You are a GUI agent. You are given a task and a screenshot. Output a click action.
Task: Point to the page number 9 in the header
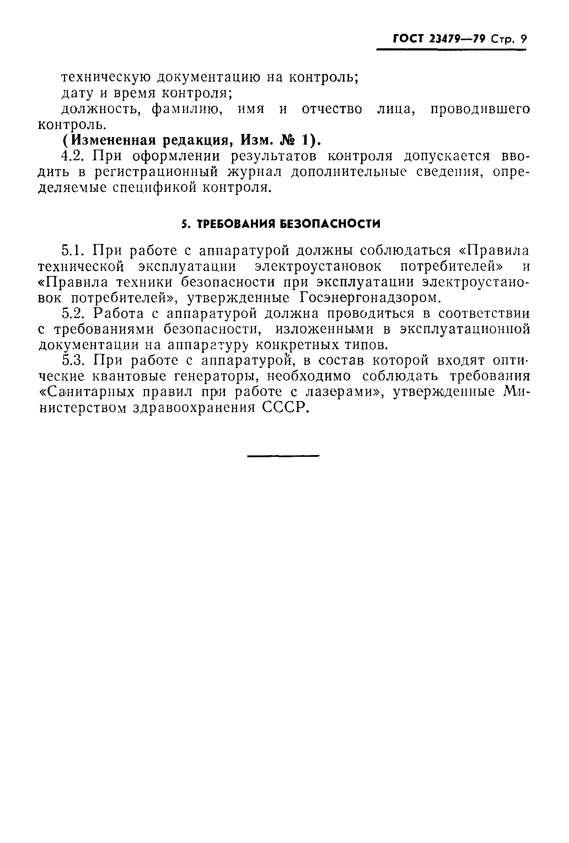pyautogui.click(x=522, y=39)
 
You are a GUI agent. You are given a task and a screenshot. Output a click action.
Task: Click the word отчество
pyautogui.click(x=332, y=109)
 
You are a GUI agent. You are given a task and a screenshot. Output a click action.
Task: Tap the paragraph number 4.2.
pyautogui.click(x=74, y=156)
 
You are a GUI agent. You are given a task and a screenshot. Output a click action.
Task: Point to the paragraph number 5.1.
pyautogui.click(x=74, y=250)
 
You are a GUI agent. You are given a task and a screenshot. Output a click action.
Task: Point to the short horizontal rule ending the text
pyautogui.click(x=283, y=456)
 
